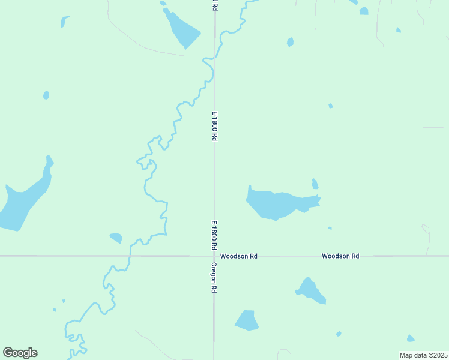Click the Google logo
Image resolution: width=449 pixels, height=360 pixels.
pyautogui.click(x=20, y=353)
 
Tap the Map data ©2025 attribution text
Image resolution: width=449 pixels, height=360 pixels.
pyautogui.click(x=424, y=355)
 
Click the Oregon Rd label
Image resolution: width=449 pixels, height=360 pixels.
pyautogui.click(x=213, y=277)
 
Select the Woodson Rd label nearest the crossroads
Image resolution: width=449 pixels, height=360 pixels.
pyautogui.click(x=238, y=256)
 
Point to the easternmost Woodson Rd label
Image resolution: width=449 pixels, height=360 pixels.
pyautogui.click(x=340, y=256)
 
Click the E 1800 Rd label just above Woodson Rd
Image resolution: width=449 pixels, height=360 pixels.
pyautogui.click(x=213, y=235)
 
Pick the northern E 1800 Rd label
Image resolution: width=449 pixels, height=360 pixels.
pyautogui.click(x=213, y=125)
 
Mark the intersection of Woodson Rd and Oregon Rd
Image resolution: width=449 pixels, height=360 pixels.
pyautogui.click(x=214, y=256)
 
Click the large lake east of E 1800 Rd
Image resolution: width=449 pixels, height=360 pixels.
pyautogui.click(x=276, y=204)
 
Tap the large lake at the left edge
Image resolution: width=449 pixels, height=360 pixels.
pyautogui.click(x=24, y=201)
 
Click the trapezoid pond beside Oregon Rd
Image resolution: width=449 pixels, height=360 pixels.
pyautogui.click(x=246, y=320)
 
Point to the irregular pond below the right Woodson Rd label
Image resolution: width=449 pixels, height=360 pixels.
pyautogui.click(x=311, y=290)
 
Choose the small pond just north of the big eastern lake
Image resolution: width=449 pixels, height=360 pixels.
pyautogui.click(x=315, y=184)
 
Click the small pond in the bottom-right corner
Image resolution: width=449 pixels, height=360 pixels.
pyautogui.click(x=411, y=338)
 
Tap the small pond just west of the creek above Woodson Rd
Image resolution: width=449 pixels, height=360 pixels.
pyautogui.click(x=116, y=238)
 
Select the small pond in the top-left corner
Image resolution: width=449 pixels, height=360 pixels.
pyautogui.click(x=64, y=22)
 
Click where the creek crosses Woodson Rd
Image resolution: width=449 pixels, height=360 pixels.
pyautogui.click(x=129, y=256)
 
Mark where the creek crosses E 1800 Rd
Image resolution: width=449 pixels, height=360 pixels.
pyautogui.click(x=214, y=57)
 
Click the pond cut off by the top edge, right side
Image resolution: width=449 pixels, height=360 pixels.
pyautogui.click(x=364, y=11)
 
